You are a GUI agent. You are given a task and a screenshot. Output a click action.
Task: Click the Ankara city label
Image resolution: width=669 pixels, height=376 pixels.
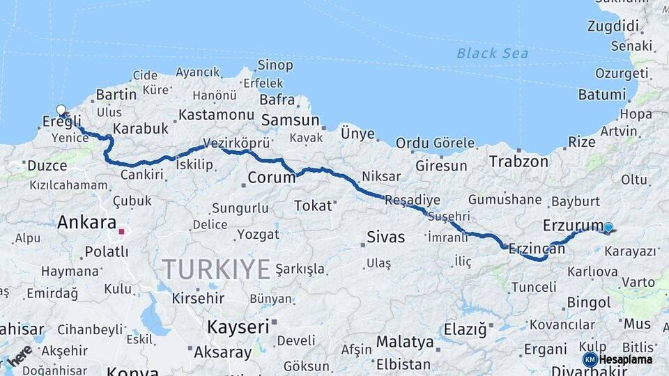click(86, 223)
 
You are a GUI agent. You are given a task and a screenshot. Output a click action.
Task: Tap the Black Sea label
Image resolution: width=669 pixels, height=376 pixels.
click(492, 53)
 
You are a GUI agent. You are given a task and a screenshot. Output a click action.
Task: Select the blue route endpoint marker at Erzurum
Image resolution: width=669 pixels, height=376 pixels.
click(608, 227)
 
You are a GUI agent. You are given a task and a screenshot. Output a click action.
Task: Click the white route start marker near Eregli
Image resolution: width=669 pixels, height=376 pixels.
click(61, 110)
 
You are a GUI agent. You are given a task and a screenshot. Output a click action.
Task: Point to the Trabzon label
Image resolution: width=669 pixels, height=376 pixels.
click(518, 162)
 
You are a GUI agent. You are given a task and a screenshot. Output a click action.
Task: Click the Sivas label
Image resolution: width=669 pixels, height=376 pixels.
click(386, 237)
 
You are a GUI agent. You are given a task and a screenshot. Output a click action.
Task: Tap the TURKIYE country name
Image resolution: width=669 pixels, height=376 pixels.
click(216, 269)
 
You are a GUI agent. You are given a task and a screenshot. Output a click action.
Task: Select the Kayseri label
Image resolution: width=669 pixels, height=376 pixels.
click(238, 326)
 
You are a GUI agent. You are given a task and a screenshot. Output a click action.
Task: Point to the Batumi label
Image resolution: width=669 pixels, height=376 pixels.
click(602, 94)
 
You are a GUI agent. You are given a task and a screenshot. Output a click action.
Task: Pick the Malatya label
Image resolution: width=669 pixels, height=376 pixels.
click(405, 342)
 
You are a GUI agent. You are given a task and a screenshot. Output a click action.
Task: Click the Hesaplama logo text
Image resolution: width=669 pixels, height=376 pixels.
click(626, 360)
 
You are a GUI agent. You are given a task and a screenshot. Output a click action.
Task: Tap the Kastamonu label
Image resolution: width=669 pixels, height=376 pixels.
click(216, 113)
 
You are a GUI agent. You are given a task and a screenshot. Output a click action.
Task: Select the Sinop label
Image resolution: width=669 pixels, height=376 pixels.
click(275, 65)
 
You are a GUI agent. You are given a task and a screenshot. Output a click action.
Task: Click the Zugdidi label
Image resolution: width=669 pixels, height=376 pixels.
click(613, 26)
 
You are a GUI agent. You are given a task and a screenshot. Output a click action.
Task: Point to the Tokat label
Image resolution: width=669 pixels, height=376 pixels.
click(313, 205)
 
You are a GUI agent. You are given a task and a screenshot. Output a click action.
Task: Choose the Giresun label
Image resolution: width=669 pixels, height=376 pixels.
click(441, 166)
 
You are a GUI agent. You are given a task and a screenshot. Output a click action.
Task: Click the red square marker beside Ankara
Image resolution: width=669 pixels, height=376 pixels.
click(121, 232)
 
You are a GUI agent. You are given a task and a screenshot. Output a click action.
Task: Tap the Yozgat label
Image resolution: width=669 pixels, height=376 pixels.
click(258, 234)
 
